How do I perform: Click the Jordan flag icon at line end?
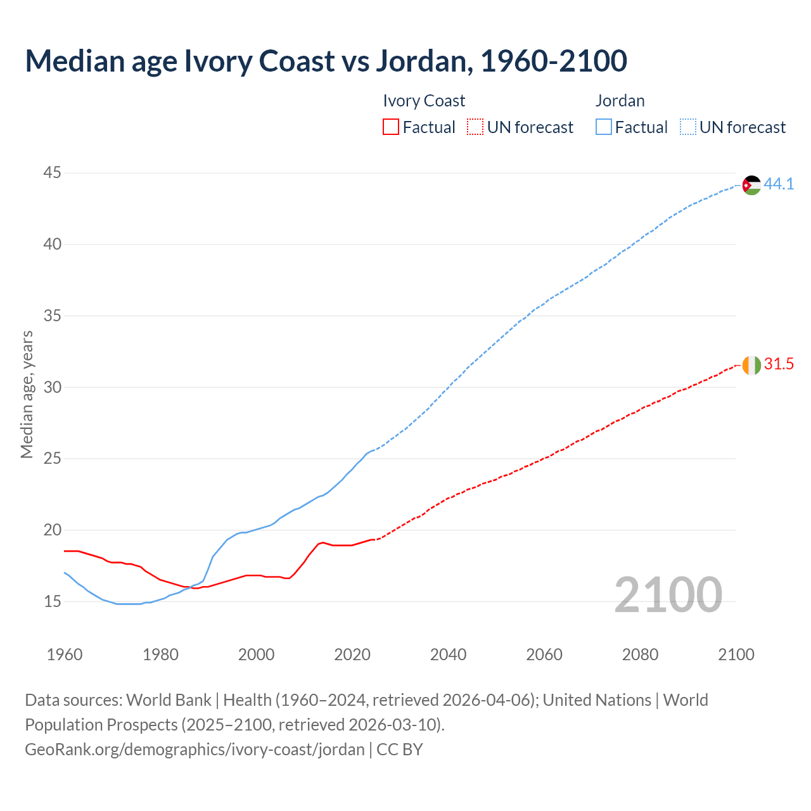pos(751,185)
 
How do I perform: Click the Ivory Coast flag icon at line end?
pos(751,365)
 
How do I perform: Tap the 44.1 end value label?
pos(779,184)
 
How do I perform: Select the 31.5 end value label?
pos(779,364)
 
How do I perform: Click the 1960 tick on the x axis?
pos(65,655)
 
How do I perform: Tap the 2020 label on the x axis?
pos(352,655)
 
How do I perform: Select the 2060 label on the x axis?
pos(544,655)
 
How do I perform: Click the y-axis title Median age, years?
pos(27,394)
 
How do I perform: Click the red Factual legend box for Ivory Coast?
pos(391,127)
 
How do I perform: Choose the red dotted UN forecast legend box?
pos(475,127)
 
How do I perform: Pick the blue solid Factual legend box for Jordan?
pos(603,127)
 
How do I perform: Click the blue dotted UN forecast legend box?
pos(687,127)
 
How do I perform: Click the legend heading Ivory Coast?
pos(424,101)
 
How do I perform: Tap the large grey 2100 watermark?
pos(668,595)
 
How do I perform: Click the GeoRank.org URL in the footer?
pos(195,750)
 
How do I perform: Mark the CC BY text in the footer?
pos(400,750)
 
